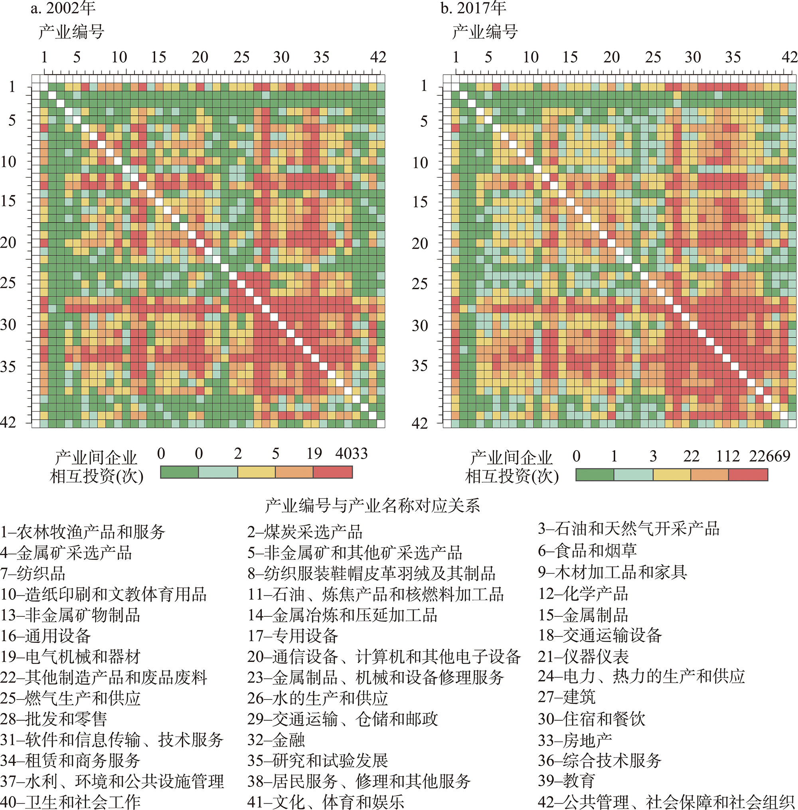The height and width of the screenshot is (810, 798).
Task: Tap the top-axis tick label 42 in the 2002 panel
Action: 377,57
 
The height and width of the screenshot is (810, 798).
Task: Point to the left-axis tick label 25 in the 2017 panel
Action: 419,284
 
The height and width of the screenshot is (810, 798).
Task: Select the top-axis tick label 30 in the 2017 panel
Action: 692,57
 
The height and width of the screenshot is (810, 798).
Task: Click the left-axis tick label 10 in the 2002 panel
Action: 8,161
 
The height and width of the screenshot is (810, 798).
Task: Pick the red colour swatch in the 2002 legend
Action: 333,472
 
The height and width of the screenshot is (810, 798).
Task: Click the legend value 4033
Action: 351,453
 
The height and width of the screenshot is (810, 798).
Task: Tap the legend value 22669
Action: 770,456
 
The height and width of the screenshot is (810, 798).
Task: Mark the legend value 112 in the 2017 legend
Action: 728,456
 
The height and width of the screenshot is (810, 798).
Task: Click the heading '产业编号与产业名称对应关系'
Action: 372,506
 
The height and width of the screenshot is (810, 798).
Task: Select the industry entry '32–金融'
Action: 276,740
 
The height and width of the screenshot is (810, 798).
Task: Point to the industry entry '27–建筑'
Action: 566,697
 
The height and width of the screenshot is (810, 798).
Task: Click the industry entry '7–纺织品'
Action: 33,573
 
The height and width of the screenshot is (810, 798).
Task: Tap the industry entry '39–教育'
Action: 566,780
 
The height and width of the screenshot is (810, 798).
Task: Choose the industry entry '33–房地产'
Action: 575,741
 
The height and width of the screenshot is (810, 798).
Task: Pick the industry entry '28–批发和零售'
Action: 53,719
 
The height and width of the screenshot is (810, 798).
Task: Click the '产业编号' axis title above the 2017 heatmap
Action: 484,32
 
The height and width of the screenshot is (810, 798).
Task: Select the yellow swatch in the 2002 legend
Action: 257,472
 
